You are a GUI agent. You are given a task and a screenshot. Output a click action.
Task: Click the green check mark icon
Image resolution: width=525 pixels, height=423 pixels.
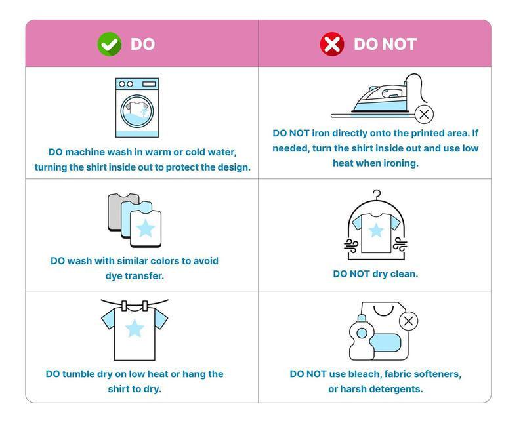[x=110, y=44]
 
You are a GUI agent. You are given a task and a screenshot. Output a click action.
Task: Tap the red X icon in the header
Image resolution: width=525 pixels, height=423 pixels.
[x=332, y=44]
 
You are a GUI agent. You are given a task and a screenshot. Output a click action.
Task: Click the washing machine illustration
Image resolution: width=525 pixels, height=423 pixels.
[x=137, y=108]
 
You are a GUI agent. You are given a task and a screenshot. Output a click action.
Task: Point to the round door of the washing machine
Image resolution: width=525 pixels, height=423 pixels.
[x=137, y=111]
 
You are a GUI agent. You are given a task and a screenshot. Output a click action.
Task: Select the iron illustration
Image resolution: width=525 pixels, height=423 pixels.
[x=379, y=96]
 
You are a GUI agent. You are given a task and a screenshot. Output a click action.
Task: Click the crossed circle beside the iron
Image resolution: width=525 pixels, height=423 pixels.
[x=424, y=115]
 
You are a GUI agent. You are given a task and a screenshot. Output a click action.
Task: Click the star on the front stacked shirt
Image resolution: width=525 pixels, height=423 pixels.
[x=146, y=229]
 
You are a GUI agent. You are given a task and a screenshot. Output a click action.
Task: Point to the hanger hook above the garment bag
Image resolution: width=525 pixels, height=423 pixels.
[x=377, y=195]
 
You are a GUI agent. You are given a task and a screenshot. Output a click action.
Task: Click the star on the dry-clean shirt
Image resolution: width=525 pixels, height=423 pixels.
[x=375, y=231]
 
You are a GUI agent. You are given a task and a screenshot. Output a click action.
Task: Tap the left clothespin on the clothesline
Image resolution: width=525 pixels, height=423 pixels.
[x=125, y=306]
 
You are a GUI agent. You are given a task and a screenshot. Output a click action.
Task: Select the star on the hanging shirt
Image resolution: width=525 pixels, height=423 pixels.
[x=135, y=329]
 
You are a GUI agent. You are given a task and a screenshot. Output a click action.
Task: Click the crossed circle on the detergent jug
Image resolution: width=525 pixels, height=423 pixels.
[x=408, y=321]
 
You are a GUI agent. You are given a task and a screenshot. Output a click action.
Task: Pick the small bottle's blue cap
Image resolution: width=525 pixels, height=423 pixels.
[x=362, y=318]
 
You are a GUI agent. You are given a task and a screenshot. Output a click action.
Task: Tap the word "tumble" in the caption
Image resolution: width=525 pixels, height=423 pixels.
[x=78, y=374]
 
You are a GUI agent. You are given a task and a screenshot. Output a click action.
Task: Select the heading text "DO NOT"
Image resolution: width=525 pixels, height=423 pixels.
[x=385, y=44]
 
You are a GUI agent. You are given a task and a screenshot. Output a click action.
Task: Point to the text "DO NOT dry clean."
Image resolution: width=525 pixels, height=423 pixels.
[x=375, y=274]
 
